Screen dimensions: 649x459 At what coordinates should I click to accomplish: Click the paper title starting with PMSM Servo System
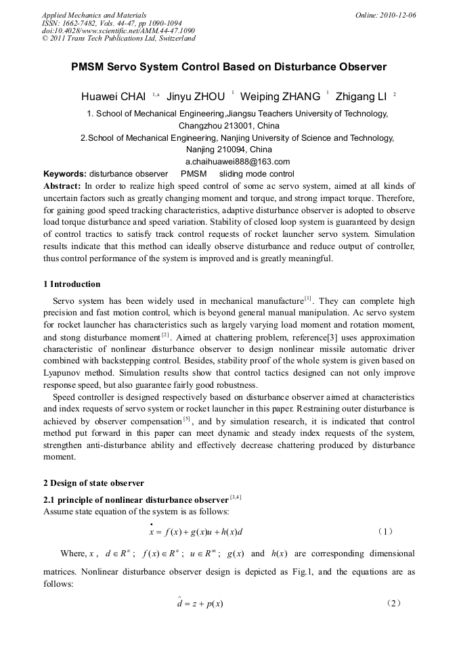(229, 67)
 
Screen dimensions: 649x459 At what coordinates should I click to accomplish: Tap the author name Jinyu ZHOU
(196, 96)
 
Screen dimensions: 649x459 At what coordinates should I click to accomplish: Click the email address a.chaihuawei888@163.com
(237, 161)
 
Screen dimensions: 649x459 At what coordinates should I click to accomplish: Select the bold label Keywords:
(64, 173)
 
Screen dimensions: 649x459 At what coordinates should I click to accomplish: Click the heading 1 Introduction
(72, 284)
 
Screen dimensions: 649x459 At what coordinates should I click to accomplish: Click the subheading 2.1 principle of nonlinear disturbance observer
(135, 499)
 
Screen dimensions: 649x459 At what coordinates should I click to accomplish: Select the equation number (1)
(384, 531)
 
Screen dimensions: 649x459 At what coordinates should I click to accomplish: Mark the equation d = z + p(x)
(200, 602)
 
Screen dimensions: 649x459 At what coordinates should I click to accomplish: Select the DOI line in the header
(118, 30)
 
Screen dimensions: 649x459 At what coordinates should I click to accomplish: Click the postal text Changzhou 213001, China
(228, 126)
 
